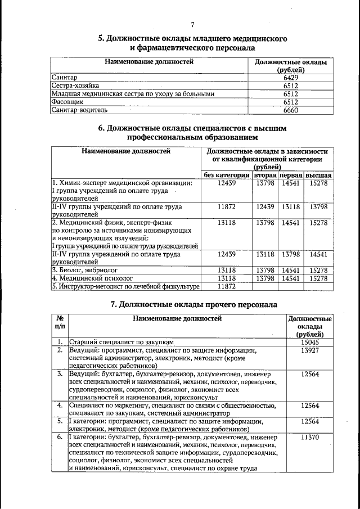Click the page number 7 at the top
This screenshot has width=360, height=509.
tap(192, 24)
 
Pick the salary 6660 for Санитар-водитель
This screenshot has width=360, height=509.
tap(291, 111)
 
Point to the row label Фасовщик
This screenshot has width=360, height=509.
tap(67, 103)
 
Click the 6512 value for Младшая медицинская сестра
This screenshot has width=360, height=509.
tap(291, 94)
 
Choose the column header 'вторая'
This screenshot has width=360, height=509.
tap(265, 175)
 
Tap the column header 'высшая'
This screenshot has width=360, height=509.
tap(318, 175)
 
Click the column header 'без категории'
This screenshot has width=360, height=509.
tap(226, 175)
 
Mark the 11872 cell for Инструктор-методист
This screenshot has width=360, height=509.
tap(226, 287)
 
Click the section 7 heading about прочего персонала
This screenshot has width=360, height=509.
tap(193, 304)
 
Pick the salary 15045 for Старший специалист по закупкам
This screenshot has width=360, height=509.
tap(310, 341)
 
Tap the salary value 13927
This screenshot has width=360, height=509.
tap(310, 350)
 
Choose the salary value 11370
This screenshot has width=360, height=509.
tap(310, 437)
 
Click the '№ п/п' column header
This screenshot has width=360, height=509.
tap(60, 322)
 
